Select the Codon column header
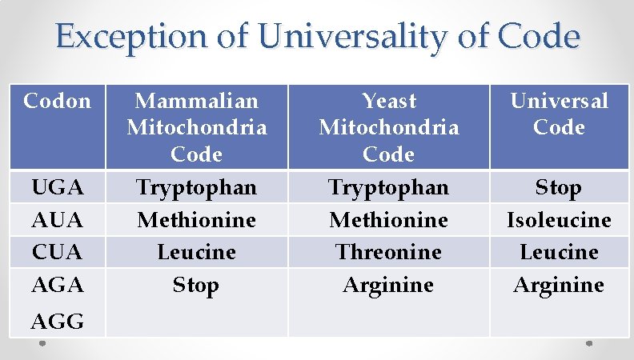tap(57, 101)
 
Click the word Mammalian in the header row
tap(196, 101)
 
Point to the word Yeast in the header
tap(389, 101)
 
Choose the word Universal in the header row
tap(559, 101)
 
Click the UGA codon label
tap(57, 188)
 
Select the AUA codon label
tap(57, 220)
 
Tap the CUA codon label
tap(57, 253)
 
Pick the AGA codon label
tap(57, 285)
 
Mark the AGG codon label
tap(57, 322)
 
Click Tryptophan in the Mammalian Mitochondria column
tap(196, 188)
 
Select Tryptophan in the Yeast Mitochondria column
tap(389, 188)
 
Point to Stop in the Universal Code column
tap(558, 188)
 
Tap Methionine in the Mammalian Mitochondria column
tap(196, 220)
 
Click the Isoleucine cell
tap(559, 220)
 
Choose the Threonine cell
tap(389, 253)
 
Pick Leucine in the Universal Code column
tap(559, 253)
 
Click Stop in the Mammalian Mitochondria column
tap(196, 286)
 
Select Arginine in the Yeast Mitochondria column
tap(389, 286)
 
